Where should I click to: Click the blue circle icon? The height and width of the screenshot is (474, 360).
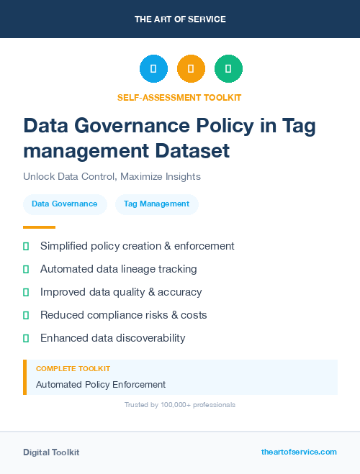pos(153,69)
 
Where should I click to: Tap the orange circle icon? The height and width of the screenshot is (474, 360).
pos(191,69)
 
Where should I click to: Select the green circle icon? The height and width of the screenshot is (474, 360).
pos(228,69)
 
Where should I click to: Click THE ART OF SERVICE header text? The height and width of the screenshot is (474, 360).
pos(180,19)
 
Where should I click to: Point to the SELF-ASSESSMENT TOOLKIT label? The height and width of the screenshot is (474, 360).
pos(179,97)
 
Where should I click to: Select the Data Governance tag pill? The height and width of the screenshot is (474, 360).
pos(65,204)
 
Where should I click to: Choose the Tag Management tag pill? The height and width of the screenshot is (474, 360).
pos(156,204)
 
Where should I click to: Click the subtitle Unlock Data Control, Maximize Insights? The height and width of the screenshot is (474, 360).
pos(112,176)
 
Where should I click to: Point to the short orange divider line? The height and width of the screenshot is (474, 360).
pos(39,227)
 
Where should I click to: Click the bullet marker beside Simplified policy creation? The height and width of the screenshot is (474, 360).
pos(26,246)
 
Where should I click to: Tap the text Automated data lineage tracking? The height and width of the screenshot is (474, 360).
pos(118,269)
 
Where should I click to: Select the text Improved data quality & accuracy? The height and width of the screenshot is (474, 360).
pos(121,292)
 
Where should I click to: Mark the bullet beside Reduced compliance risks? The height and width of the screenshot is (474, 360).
pos(26,315)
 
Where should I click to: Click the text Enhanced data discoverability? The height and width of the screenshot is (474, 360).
pos(112,338)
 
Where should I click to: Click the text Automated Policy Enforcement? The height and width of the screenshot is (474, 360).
pos(101,385)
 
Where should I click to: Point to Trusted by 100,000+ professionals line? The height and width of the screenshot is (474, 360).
pos(180,405)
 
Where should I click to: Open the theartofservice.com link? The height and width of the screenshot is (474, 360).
pos(299,452)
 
